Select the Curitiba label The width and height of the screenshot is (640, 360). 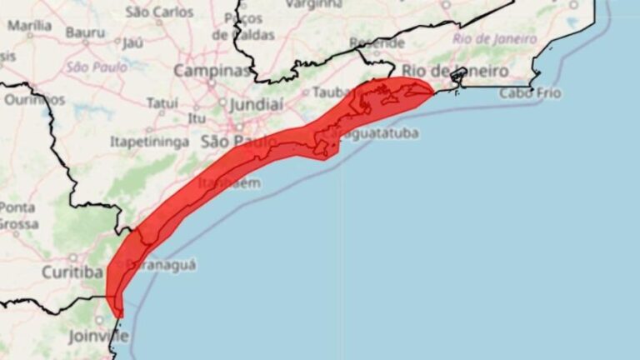point(72,272)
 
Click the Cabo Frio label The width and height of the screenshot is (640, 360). point(530,93)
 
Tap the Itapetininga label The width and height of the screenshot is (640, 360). point(149,142)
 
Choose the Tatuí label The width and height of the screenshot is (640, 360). point(162,103)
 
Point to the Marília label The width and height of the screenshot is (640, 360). point(29,26)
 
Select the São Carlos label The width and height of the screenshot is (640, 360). point(160,12)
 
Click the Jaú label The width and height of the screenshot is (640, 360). point(133,42)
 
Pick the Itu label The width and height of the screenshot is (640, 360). point(197,118)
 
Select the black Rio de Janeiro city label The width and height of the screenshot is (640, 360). point(454,71)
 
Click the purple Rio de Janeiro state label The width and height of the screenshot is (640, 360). point(494,37)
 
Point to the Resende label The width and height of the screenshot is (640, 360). point(377,42)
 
